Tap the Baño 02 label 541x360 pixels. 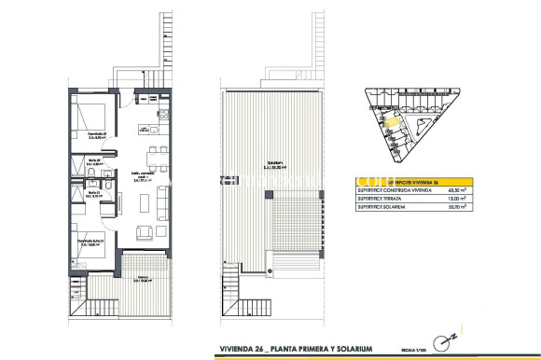click(95, 160)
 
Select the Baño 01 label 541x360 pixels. click(95, 193)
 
